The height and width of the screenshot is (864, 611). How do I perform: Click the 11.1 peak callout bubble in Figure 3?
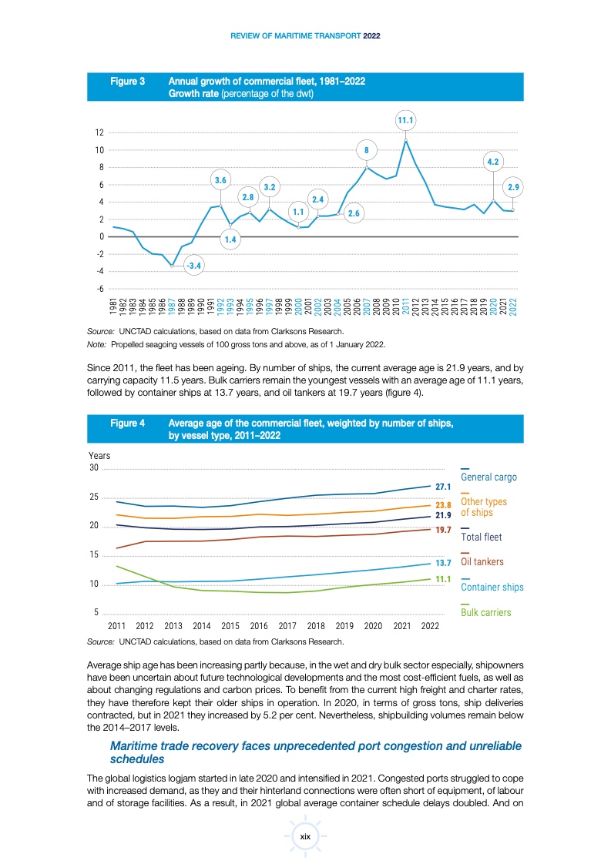(x=406, y=120)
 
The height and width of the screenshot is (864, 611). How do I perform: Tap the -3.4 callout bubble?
(x=194, y=266)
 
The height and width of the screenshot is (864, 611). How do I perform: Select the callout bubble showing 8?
(x=367, y=150)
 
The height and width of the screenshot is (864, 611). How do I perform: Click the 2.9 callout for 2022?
(x=513, y=187)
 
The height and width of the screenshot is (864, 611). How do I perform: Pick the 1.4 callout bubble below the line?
(x=230, y=240)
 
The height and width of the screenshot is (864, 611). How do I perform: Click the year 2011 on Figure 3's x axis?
(x=406, y=307)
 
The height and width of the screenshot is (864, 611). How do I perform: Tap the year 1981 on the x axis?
(x=113, y=307)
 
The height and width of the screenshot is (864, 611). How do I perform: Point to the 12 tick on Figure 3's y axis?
(x=100, y=132)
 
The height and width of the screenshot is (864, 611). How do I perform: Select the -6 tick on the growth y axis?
(x=100, y=289)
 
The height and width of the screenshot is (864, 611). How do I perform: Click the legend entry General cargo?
(x=488, y=477)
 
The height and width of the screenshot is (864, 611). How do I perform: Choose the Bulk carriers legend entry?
(x=485, y=612)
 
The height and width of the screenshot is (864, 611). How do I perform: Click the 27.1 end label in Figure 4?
(x=443, y=487)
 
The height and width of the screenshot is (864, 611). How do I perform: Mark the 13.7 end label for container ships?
(x=443, y=564)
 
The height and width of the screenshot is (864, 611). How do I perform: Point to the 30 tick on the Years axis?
(x=94, y=468)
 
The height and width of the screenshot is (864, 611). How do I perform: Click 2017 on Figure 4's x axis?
(x=287, y=626)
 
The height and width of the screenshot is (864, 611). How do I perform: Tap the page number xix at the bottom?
(x=305, y=835)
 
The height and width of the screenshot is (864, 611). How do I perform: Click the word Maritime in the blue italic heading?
(x=137, y=746)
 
